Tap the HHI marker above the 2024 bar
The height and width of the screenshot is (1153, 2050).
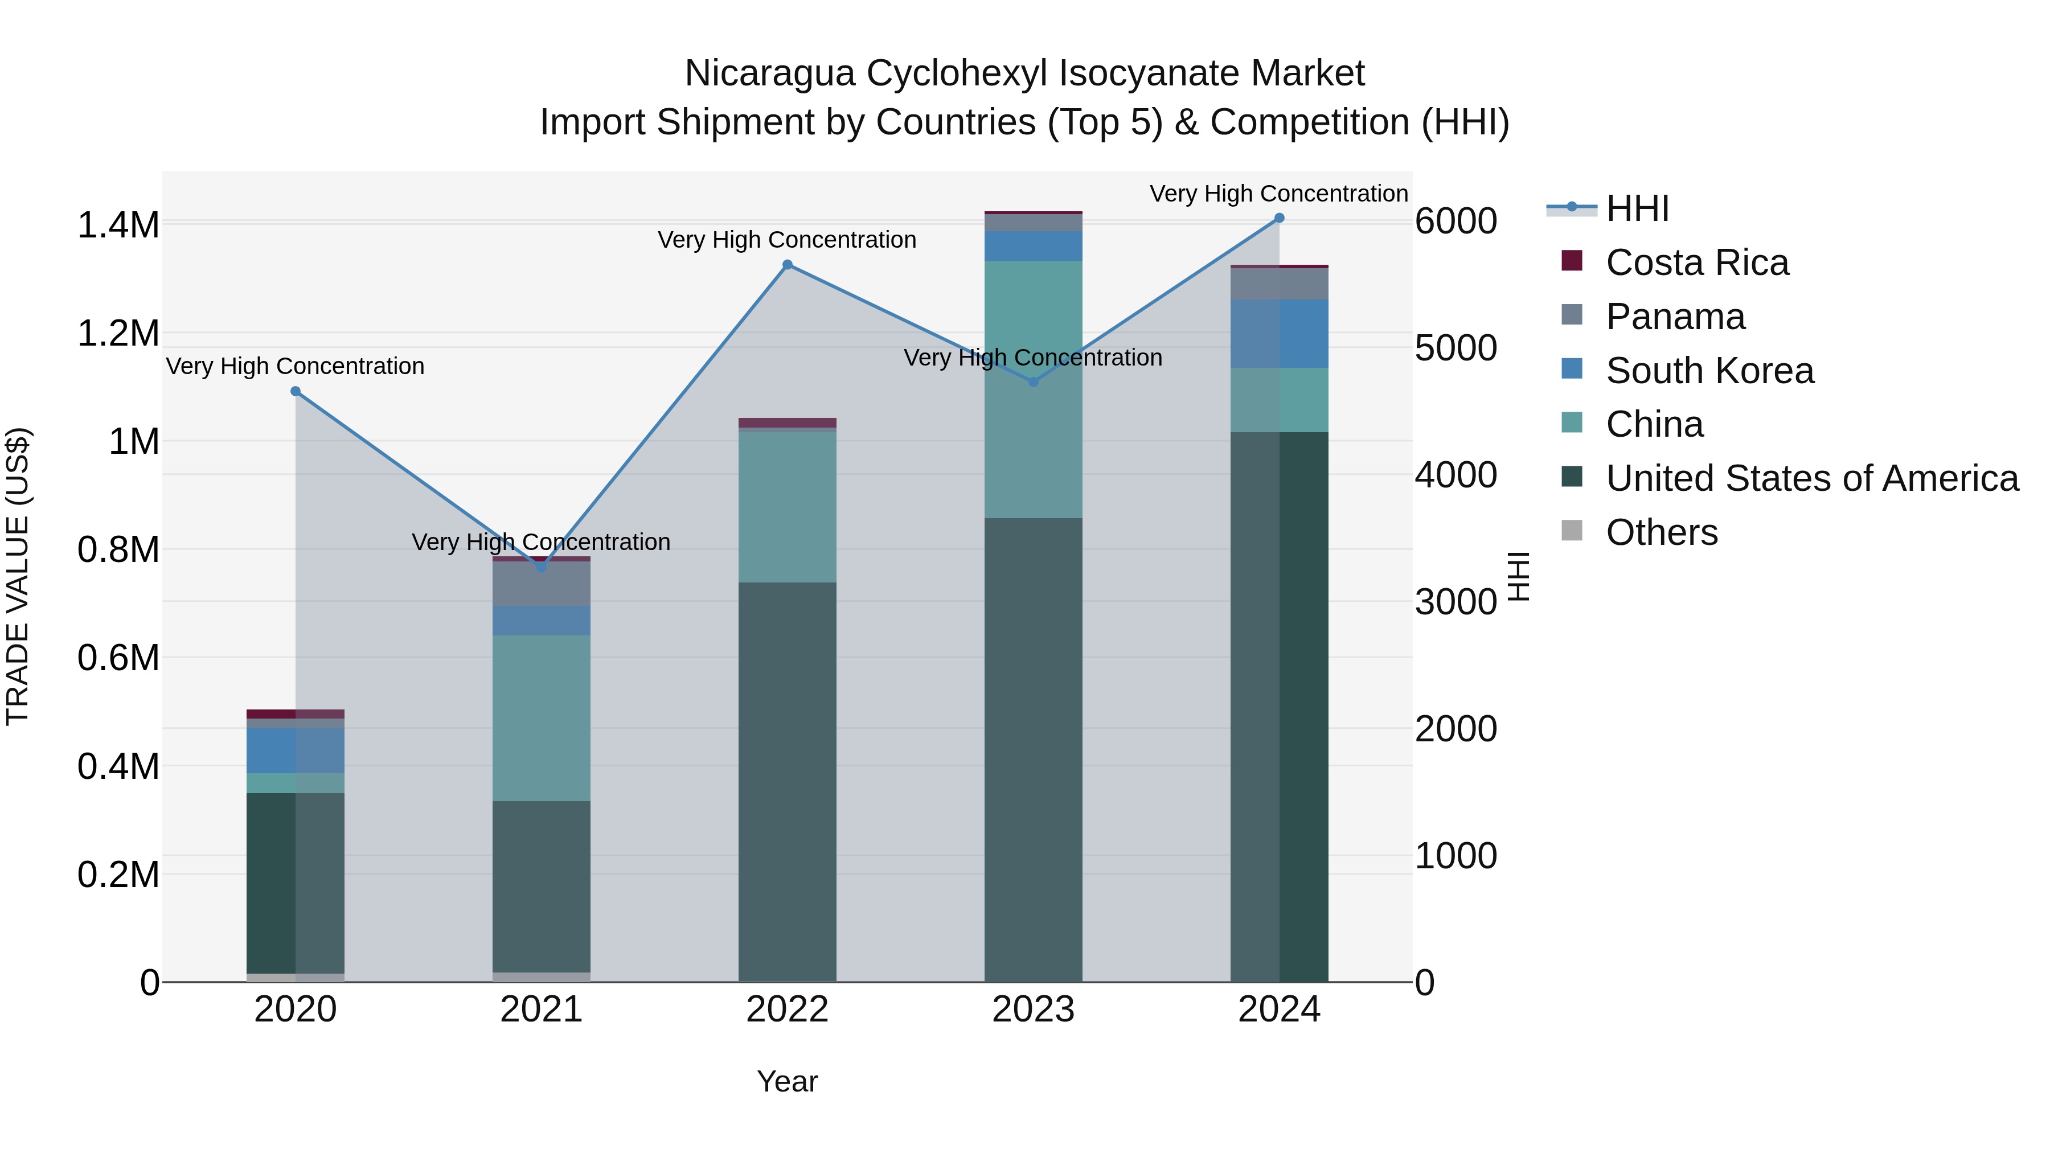click(1280, 218)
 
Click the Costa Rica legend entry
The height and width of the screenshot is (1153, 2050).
click(1697, 262)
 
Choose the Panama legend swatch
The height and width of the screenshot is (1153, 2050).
click(1572, 315)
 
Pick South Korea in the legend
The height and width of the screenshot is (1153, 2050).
click(1709, 371)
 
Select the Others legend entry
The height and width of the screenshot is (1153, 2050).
click(1662, 532)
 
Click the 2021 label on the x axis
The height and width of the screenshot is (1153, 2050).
click(541, 1010)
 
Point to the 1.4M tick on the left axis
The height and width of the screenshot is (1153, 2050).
click(118, 225)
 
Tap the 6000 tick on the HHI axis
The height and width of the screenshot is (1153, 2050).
click(1455, 221)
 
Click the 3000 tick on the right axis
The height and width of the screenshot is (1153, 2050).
click(1455, 602)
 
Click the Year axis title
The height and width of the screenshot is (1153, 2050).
click(787, 1081)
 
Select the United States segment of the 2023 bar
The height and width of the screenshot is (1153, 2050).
click(1033, 748)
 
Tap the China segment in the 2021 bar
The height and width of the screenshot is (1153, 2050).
click(541, 718)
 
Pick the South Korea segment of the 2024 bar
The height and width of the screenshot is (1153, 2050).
click(1280, 334)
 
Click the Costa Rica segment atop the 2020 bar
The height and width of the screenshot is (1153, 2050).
click(295, 714)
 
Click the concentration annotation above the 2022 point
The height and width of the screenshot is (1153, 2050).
click(787, 240)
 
